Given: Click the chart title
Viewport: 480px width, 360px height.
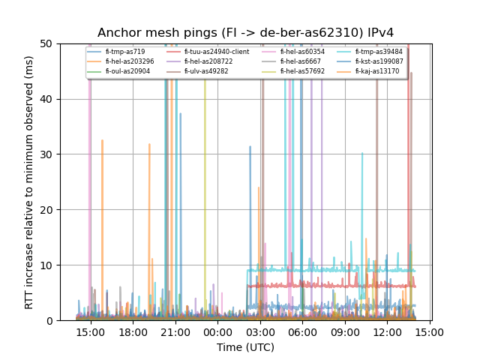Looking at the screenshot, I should coord(245,32).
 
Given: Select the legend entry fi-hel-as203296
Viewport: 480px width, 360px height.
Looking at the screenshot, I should coord(130,61).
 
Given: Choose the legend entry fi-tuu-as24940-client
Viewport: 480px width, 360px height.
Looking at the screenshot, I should coord(217,52).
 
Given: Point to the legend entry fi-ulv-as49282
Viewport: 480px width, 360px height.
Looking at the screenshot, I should coord(208,71).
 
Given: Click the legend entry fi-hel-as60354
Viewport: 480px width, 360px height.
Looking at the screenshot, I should coord(302,52).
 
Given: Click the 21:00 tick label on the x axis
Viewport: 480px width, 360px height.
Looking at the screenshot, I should coord(175,331).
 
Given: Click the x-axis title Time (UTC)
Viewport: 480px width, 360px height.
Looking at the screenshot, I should coord(245,347).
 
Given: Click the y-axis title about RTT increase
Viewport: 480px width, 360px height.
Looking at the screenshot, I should coord(29,182).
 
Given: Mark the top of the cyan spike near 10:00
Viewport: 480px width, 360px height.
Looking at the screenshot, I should coord(362,153).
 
